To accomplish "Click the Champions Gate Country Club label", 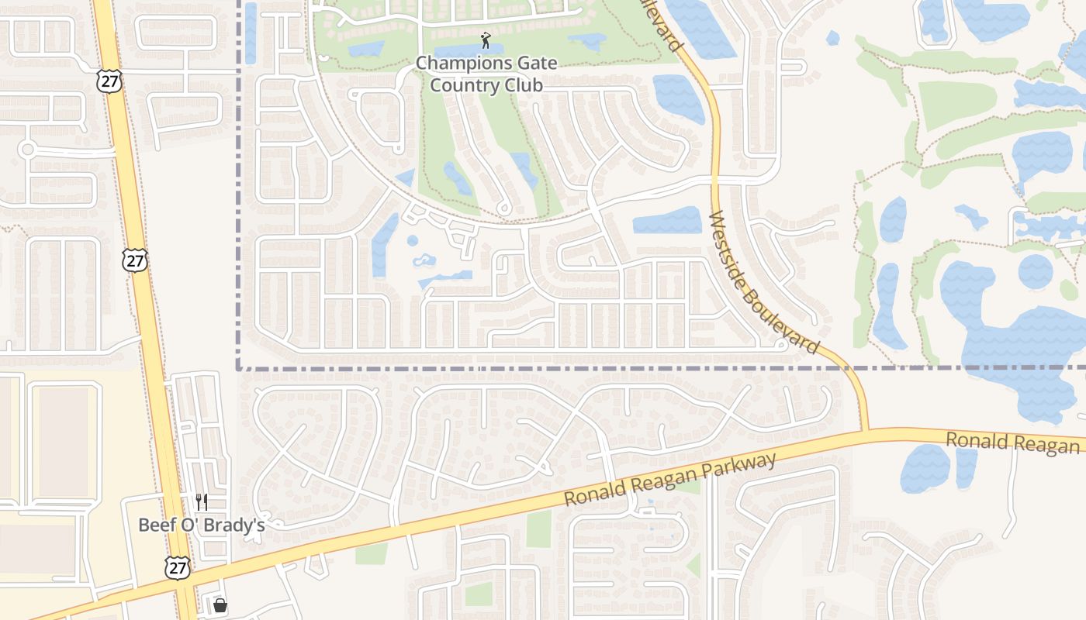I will [486, 74].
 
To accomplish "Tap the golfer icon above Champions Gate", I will [486, 40].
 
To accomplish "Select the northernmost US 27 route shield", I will [109, 81].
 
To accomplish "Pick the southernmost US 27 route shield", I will [177, 567].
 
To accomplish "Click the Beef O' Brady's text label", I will [202, 525].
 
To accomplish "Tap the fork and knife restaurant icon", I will [202, 502].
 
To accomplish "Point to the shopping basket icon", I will [220, 604].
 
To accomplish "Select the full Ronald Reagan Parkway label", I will [670, 480].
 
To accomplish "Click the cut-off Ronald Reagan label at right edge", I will [1012, 443].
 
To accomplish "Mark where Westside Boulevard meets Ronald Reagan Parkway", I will [864, 430].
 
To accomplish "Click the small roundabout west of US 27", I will [28, 149].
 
